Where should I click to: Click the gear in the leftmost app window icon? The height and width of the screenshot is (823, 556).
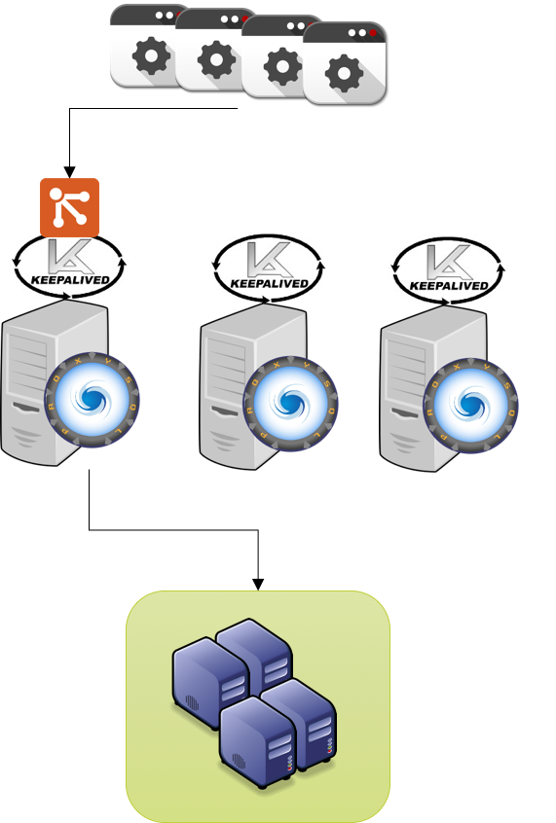coord(151,56)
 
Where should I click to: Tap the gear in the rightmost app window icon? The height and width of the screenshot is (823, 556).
coord(344,74)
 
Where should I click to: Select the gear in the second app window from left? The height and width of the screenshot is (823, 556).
coord(216,61)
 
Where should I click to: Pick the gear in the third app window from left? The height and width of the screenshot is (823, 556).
coord(282,67)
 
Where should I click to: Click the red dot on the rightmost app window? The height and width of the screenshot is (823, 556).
coord(372,33)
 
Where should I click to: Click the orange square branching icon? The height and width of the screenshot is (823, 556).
coord(69,207)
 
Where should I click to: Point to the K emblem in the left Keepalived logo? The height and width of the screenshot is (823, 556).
coord(67,258)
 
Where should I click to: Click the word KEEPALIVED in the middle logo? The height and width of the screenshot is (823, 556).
coord(269,284)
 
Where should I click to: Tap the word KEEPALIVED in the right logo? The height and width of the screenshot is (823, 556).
coord(449,286)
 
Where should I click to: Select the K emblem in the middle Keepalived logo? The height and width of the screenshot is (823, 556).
coord(269,260)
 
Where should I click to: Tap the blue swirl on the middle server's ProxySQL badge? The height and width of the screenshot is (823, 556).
coord(290,403)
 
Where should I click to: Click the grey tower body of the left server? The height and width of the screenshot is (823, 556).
coord(29,389)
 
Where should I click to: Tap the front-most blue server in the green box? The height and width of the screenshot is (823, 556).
coord(255,744)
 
